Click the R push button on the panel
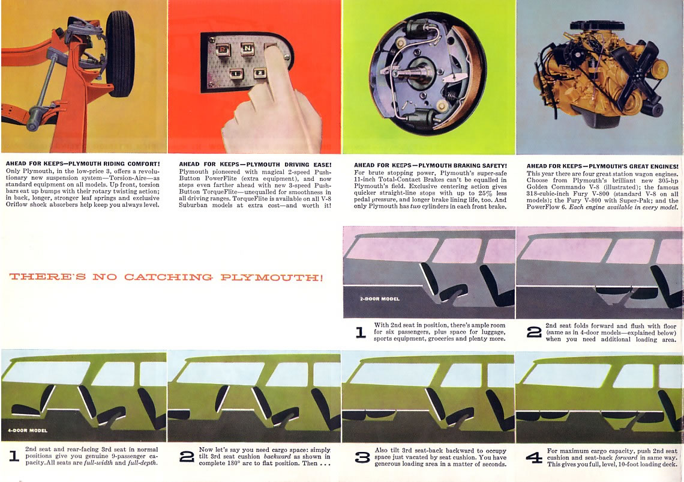223,49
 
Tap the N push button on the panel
247,49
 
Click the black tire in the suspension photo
120,53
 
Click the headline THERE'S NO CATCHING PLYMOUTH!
166,277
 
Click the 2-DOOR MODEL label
380,299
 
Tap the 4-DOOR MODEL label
28,430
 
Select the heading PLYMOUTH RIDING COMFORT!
113,164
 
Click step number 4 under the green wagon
534,457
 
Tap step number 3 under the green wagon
362,457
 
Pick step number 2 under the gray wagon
534,332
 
